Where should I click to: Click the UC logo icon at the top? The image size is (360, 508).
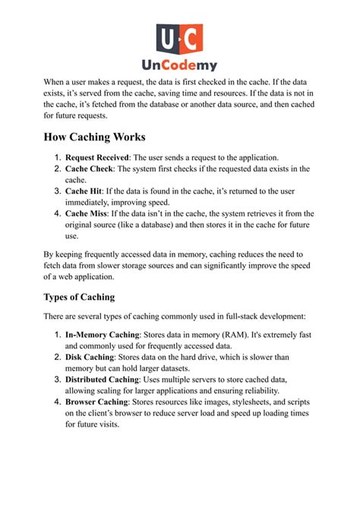click(x=180, y=39)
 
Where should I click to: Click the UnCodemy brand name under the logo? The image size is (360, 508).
click(x=180, y=66)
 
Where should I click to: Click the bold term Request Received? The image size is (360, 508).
click(x=97, y=157)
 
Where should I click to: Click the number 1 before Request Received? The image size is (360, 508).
click(x=57, y=157)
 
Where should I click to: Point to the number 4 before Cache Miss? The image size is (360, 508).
click(x=57, y=214)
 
